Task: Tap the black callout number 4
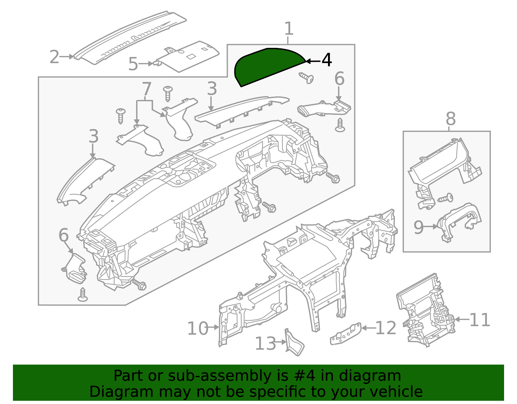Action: [x=327, y=60]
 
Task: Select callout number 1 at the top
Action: [x=289, y=29]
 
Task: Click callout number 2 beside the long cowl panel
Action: [x=54, y=57]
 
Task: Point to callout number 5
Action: [x=133, y=64]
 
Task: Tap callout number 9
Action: [x=418, y=227]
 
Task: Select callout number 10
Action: [x=197, y=328]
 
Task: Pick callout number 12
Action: [x=386, y=328]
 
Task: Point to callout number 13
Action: [x=266, y=344]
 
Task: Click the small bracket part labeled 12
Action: [x=345, y=333]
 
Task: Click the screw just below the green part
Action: [x=307, y=78]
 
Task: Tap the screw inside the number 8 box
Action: [x=446, y=198]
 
